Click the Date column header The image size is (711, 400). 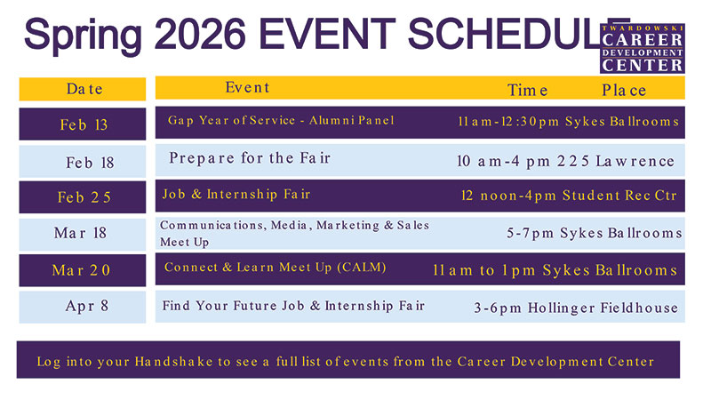pos(84,89)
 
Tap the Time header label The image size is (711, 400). pos(527,90)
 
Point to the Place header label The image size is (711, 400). pos(624,90)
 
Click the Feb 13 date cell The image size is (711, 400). pos(84,124)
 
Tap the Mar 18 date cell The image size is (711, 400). pos(80,233)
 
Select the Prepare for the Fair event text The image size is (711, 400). pos(250,158)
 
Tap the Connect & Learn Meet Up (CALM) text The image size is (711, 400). pos(276,267)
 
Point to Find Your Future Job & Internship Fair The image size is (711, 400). pos(293,306)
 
